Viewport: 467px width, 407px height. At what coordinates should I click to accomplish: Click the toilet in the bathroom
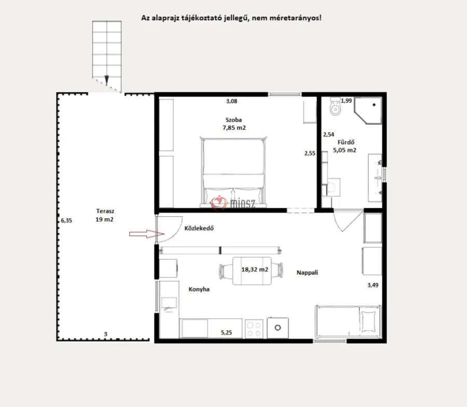(x=335, y=106)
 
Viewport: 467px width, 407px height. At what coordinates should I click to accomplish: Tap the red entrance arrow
(x=146, y=234)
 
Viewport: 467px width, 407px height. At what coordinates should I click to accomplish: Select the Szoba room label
(x=233, y=120)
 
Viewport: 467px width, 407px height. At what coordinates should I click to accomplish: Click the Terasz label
(x=105, y=211)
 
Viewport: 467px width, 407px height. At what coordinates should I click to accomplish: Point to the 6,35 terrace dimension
(x=66, y=220)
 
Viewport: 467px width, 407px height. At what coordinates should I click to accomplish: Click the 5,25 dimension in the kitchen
(x=226, y=332)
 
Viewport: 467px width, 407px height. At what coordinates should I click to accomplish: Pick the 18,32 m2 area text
(x=255, y=270)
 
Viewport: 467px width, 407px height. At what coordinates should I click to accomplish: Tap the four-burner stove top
(x=254, y=329)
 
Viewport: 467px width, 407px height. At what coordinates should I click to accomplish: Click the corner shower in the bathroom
(x=368, y=110)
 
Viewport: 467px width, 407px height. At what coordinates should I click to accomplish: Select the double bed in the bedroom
(x=233, y=172)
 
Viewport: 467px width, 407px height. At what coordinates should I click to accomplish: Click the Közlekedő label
(x=199, y=228)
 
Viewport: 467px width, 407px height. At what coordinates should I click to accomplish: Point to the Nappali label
(x=307, y=273)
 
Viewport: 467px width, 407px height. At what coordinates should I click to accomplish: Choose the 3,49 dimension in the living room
(x=373, y=285)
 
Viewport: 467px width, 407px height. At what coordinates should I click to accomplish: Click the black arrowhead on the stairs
(x=106, y=79)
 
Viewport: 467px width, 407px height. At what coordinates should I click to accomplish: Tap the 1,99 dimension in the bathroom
(x=347, y=101)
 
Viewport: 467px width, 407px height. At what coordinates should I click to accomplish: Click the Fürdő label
(x=346, y=142)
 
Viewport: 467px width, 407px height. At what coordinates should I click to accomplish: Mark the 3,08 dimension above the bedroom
(x=231, y=101)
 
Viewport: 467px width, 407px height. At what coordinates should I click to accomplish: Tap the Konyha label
(x=199, y=289)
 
